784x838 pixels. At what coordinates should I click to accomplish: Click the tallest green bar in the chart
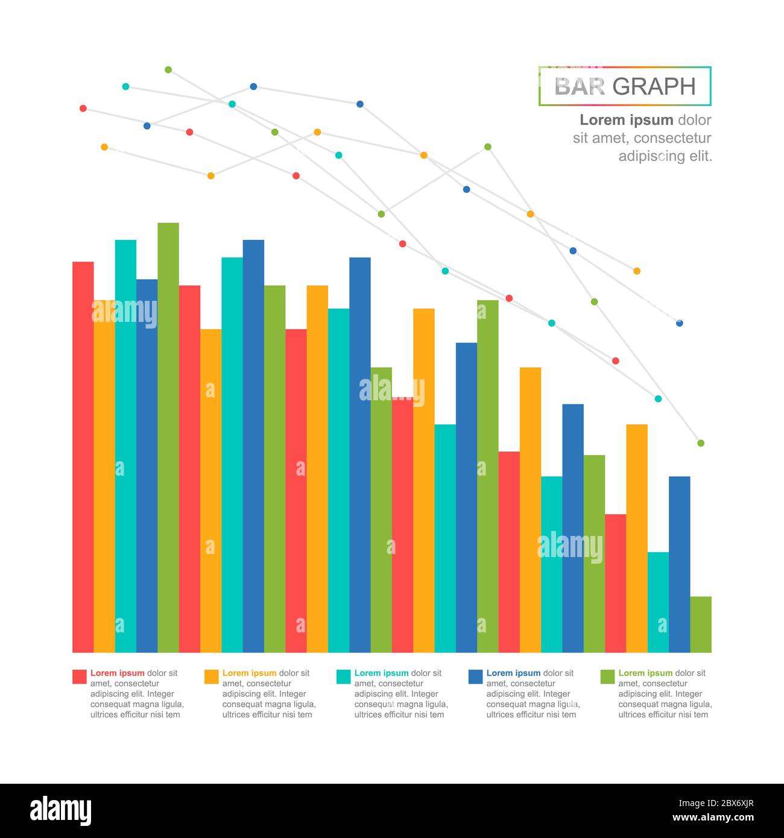[x=168, y=437]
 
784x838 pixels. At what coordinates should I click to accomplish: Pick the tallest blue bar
[x=253, y=446]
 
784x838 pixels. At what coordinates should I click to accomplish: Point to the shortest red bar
[x=615, y=583]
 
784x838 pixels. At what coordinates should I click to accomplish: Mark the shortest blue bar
[x=679, y=564]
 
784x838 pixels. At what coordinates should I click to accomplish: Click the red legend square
[x=80, y=676]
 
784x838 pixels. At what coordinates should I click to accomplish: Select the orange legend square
[x=212, y=676]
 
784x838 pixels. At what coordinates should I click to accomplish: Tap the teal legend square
[x=343, y=676]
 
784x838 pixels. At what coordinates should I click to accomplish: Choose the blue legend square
[x=475, y=676]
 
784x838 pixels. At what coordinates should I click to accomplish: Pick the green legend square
[x=607, y=676]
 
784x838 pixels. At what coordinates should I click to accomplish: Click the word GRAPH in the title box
[x=654, y=87]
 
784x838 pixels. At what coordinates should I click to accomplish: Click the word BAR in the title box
[x=579, y=87]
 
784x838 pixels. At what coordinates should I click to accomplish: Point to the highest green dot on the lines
[x=168, y=70]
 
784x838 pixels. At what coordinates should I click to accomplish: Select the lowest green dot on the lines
[x=701, y=443]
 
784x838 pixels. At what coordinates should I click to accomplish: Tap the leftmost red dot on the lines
[x=83, y=109]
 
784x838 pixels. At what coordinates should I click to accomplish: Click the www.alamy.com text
[x=713, y=818]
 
